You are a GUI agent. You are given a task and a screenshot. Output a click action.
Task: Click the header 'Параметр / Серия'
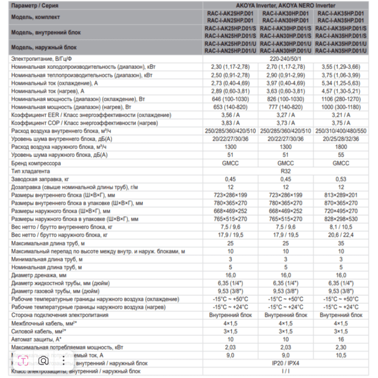pos(35,6)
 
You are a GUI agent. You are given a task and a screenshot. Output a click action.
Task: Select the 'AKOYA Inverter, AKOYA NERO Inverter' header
pos(285,6)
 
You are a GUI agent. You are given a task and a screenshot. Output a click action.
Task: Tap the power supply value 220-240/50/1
pos(285,59)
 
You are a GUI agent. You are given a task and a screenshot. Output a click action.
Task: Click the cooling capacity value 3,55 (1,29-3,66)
pos(341,67)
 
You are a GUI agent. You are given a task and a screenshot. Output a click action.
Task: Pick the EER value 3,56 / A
pos(230,115)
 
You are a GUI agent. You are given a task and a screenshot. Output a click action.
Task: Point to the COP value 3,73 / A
pos(285,123)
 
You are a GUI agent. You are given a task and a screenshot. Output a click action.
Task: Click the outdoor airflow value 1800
pos(341,147)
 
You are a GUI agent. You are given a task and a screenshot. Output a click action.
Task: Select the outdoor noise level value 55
pos(341,155)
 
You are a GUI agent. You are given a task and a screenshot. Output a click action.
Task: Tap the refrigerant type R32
pos(285,171)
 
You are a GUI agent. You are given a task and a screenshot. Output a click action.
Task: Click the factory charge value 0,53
pos(341,179)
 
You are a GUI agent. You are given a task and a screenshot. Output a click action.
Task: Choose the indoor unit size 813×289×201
pos(341,195)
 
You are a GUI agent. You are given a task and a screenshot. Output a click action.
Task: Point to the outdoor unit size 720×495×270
pos(341,211)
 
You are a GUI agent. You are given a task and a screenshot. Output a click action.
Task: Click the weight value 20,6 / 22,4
pos(341,235)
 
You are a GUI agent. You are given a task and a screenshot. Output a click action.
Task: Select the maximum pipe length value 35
pos(341,243)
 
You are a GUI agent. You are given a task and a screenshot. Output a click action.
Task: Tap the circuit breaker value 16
pos(341,339)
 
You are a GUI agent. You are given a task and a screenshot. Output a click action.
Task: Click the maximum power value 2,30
pos(341,347)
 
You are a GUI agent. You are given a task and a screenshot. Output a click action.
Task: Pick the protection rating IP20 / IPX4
pos(285,363)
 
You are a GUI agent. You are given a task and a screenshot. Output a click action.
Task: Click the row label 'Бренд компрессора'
pos(36,163)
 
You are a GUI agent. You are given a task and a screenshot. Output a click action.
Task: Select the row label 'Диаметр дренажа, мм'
pos(39,275)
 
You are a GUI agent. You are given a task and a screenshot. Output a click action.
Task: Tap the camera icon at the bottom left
pos(43,361)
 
